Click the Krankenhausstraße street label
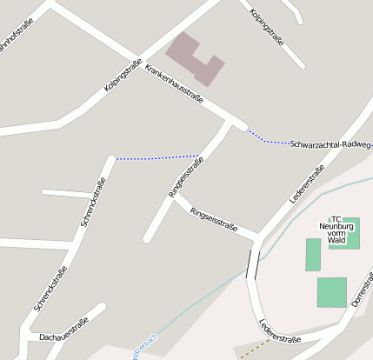pos(174,84)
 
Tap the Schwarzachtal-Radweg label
pos(331,143)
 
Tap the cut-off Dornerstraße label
pos(359,291)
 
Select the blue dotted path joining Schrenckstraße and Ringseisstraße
pos(157,157)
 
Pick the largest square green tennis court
pos(331,291)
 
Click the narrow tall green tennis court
pos(313,254)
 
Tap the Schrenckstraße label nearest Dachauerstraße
pos(50,289)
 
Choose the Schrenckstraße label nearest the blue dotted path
pos(93,202)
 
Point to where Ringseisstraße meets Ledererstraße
pos(257,237)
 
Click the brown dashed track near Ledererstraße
pos(252,349)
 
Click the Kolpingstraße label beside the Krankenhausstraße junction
pos(123,76)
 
